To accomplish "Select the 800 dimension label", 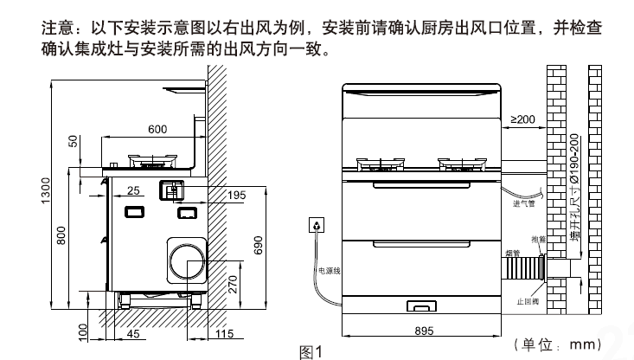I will (61, 235).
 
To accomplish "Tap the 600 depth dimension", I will (157, 130).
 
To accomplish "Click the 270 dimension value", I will (233, 282).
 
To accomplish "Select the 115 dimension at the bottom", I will (224, 332).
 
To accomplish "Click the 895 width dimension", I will (424, 330).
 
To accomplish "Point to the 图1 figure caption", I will (310, 351).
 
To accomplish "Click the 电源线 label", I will (329, 271).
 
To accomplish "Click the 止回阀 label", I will (527, 301).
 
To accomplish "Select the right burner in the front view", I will (463, 164).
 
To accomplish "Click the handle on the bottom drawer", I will (421, 304).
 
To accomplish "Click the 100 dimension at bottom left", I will (84, 332).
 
